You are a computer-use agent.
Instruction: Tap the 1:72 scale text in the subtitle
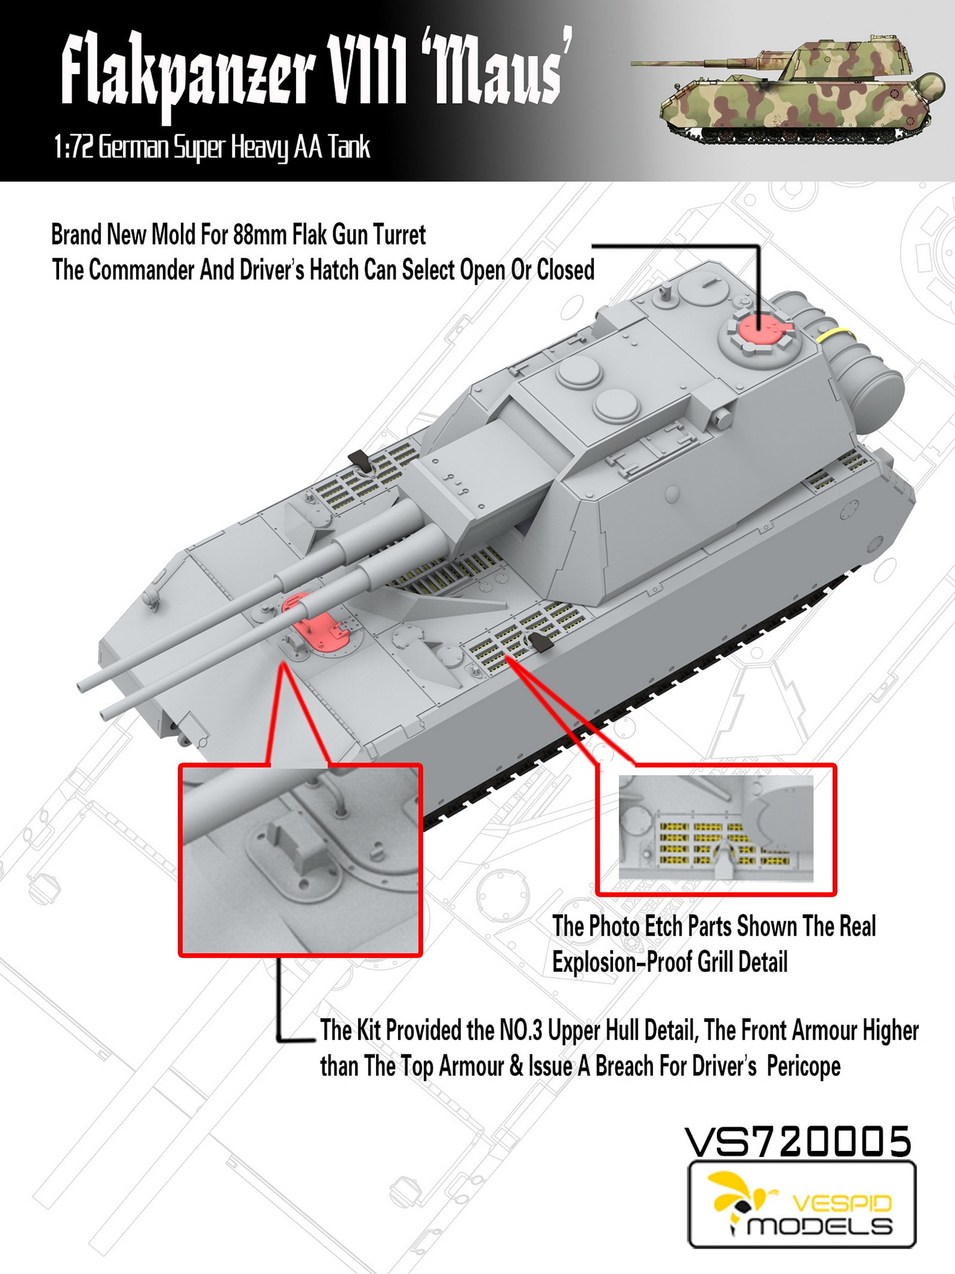click(x=74, y=148)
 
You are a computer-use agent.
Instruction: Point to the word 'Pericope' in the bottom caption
click(x=803, y=1066)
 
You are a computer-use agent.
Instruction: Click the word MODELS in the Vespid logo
click(x=819, y=1226)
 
